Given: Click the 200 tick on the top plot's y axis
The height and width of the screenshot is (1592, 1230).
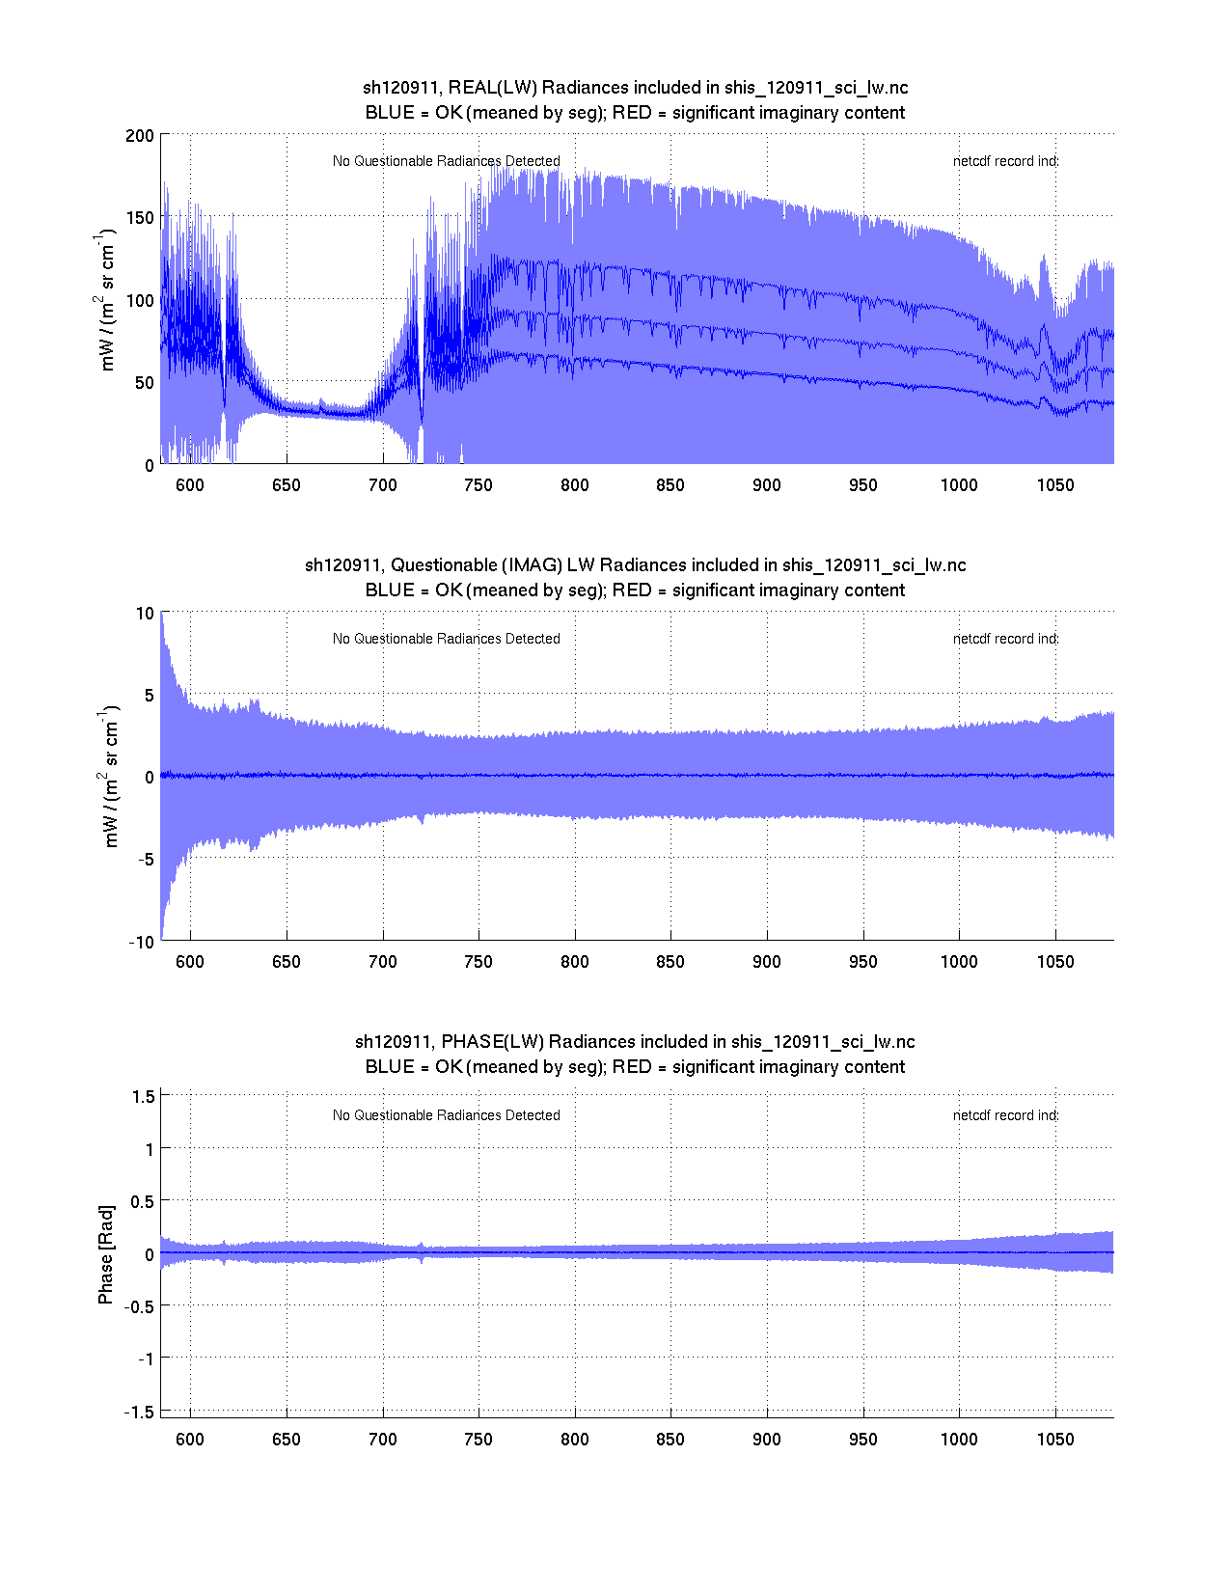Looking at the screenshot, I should click(139, 135).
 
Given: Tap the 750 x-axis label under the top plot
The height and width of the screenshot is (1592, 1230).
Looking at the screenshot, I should click(478, 485).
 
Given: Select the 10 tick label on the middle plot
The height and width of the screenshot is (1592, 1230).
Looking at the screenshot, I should click(145, 614).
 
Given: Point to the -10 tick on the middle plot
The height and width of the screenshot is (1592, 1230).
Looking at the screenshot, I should click(141, 943).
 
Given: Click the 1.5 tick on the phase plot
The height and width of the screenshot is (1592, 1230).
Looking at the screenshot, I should click(143, 1096).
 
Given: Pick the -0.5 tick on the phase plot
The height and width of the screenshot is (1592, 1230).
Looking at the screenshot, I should click(139, 1306).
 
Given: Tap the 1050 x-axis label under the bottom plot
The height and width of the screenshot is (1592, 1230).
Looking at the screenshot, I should click(1054, 1440).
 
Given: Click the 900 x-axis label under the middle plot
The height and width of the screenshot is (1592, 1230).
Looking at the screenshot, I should click(766, 962).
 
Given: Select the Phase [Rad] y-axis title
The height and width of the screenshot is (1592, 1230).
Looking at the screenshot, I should click(106, 1253).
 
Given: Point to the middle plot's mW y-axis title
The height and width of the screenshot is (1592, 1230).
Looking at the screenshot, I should click(110, 777).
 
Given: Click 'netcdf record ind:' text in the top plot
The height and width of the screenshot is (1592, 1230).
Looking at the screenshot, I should click(1005, 161).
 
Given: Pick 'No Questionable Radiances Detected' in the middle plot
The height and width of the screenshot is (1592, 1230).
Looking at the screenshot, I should click(446, 639).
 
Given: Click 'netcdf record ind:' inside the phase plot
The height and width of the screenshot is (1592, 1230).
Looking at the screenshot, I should click(1005, 1115).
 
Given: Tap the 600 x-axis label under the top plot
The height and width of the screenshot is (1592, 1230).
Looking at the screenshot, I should click(190, 485).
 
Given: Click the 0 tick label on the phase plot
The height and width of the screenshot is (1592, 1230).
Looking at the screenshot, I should click(149, 1254).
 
